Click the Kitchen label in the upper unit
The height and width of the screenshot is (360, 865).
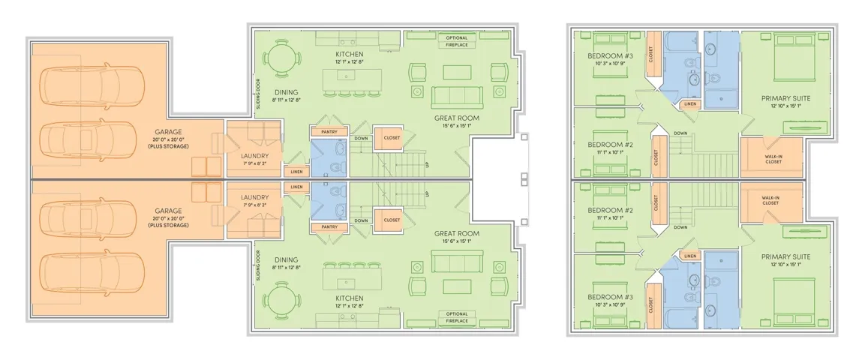[x=350, y=54]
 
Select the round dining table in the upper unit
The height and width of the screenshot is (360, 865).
[x=282, y=58]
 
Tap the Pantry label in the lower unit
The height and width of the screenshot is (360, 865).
[x=329, y=227]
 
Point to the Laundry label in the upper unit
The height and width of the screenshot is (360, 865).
[x=254, y=156]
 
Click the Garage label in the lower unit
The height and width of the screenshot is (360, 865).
[x=168, y=211]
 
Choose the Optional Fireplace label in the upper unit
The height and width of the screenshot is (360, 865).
[x=457, y=41]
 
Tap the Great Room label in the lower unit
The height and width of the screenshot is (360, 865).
[x=457, y=234]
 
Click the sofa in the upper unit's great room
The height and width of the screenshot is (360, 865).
[x=457, y=97]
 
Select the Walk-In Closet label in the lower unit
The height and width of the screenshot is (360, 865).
[x=770, y=200]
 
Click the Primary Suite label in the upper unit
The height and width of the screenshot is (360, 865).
[x=786, y=98]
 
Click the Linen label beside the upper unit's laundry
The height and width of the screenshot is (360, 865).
[x=297, y=172]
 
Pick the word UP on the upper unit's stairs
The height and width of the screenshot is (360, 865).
[x=427, y=165]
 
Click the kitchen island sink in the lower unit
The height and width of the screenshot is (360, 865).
[x=349, y=283]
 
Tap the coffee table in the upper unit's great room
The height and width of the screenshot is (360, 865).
[x=457, y=72]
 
